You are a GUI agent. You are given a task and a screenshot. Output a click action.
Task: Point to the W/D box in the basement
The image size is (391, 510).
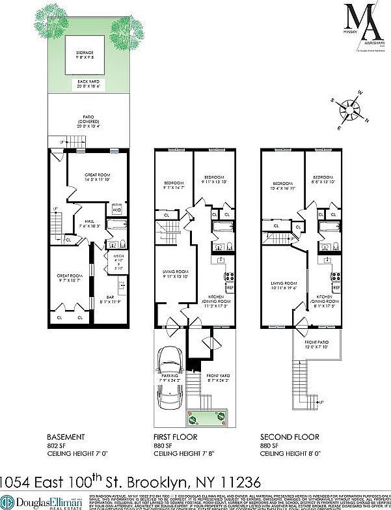point(117,210)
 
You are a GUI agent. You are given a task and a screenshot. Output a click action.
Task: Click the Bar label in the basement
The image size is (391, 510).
point(110,298)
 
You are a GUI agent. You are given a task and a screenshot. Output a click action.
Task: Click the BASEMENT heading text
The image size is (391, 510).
point(66,436)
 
